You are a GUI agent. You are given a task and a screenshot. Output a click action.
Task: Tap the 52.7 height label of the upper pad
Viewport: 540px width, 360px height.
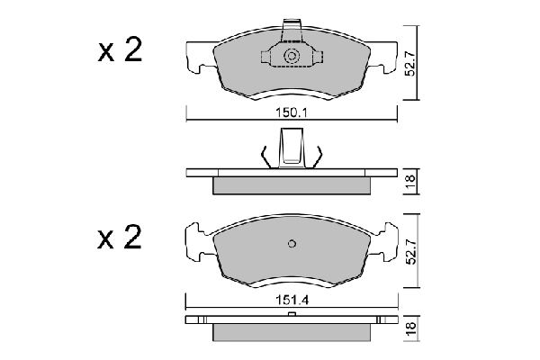pyautogui.click(x=410, y=64)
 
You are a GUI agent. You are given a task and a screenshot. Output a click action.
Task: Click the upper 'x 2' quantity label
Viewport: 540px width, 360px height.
pyautogui.click(x=120, y=52)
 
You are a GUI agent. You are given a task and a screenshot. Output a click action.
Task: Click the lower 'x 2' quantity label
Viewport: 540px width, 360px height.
pyautogui.click(x=120, y=239)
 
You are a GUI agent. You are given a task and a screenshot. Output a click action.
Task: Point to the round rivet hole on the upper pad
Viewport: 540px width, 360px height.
pyautogui.click(x=292, y=58)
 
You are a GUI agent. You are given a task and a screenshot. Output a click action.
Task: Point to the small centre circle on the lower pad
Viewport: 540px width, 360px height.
pyautogui.click(x=292, y=243)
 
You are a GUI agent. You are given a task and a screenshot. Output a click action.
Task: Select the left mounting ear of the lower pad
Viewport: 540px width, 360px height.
pyautogui.click(x=197, y=244)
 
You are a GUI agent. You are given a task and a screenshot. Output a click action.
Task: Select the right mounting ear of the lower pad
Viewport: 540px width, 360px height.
pyautogui.click(x=387, y=244)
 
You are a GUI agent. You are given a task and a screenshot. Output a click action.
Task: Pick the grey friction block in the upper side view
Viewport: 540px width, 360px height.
pyautogui.click(x=291, y=185)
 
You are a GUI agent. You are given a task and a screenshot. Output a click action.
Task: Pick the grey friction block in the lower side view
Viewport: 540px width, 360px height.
pyautogui.click(x=291, y=333)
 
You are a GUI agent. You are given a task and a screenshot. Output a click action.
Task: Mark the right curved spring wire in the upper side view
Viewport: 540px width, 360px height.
pyautogui.click(x=318, y=155)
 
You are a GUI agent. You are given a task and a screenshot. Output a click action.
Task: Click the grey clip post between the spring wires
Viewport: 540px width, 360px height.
pyautogui.click(x=292, y=147)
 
